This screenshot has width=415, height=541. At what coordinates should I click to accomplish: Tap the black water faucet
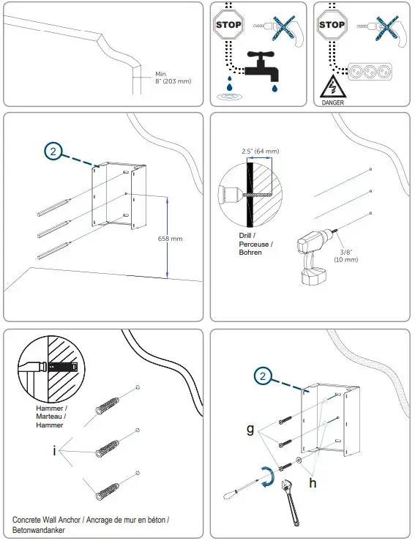(x=258, y=67)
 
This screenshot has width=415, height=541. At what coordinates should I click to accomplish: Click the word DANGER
(x=332, y=103)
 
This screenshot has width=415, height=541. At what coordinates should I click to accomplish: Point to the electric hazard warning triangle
(x=332, y=87)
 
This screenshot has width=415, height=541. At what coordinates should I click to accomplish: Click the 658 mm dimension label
(x=171, y=239)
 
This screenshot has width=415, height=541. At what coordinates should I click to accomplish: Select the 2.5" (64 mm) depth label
(x=261, y=152)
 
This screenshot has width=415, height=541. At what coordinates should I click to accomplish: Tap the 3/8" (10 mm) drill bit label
(x=347, y=255)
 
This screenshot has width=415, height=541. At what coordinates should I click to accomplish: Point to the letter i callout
(x=54, y=450)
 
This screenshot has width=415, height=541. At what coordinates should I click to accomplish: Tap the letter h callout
(x=312, y=482)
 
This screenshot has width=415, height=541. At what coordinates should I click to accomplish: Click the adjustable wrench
(x=290, y=498)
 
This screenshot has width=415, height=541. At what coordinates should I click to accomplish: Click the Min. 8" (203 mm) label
(x=173, y=78)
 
